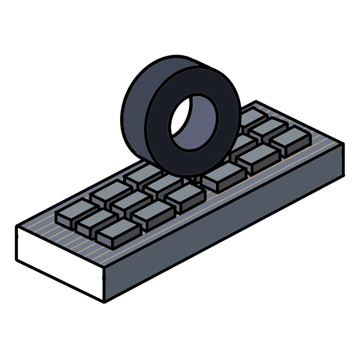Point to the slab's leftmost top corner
click(17, 227)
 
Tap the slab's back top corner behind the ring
click(256, 101)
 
